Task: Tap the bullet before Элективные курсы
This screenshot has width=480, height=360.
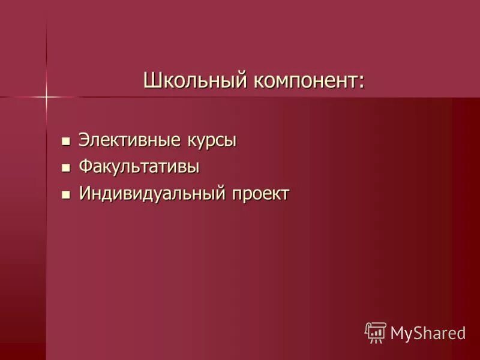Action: [66, 142]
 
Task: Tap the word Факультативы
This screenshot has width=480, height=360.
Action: [139, 167]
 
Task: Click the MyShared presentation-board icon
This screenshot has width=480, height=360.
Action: [376, 332]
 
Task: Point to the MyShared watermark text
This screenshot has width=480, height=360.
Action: [428, 333]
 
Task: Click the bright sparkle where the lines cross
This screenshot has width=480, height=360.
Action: [46, 96]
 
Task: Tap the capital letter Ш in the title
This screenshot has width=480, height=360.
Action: [151, 80]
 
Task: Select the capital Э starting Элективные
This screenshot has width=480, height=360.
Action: [84, 141]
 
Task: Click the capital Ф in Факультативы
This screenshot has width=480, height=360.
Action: [85, 167]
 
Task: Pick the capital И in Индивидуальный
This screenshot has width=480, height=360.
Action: [85, 194]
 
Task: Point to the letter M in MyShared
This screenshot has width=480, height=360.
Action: [397, 333]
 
